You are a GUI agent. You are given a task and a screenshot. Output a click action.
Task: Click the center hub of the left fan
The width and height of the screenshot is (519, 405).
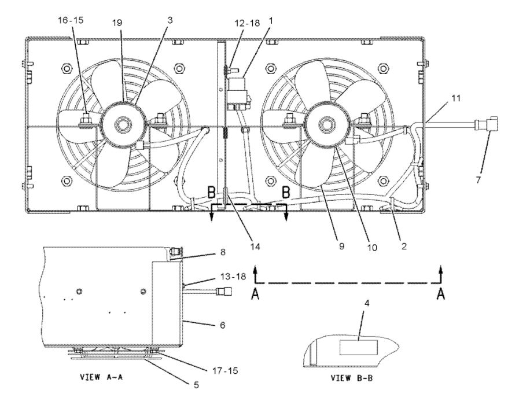pyautogui.click(x=123, y=123)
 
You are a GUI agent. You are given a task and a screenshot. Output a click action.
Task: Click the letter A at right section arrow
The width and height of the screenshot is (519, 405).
pyautogui.click(x=441, y=294)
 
